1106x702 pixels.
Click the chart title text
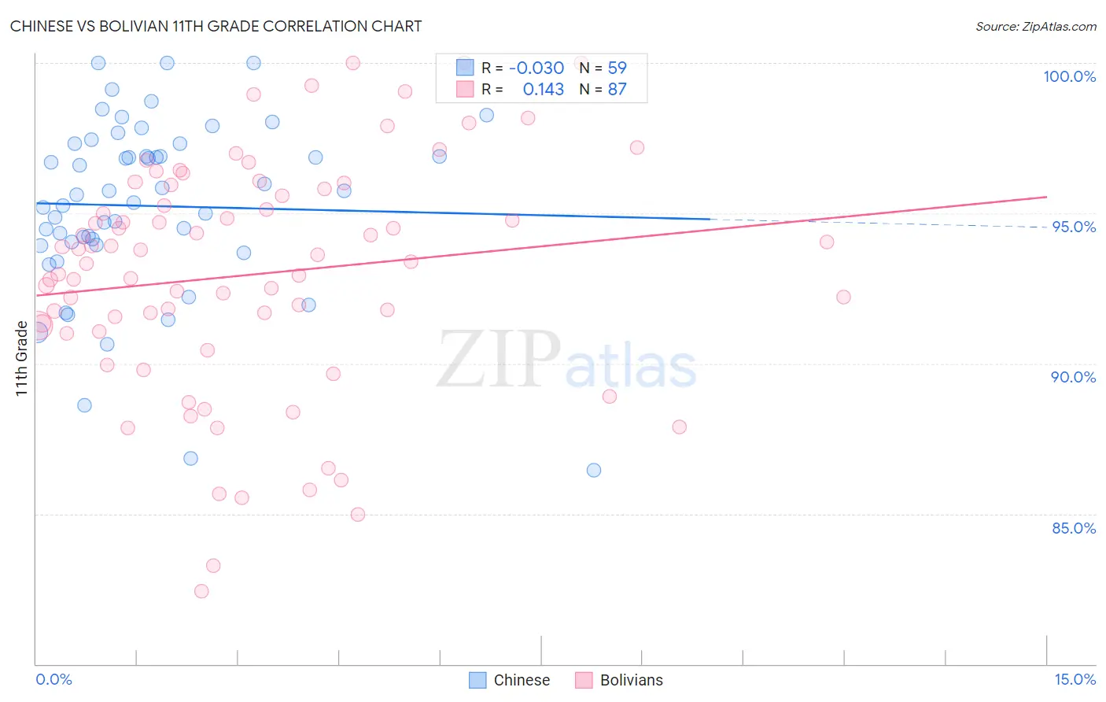[x=216, y=26]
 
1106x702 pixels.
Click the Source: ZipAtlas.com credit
[x=1035, y=26]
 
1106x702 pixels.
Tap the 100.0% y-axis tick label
[x=1069, y=76]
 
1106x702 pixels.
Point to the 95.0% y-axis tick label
[x=1074, y=227]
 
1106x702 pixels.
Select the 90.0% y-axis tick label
[x=1073, y=377]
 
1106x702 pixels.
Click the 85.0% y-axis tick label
[x=1073, y=528]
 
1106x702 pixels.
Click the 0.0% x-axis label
[x=53, y=679]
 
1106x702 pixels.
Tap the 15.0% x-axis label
[x=1075, y=679]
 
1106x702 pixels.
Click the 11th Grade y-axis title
[x=21, y=358]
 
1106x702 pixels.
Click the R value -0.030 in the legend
[x=536, y=68]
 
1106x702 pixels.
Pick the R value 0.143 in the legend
[x=543, y=90]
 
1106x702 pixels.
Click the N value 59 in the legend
[x=617, y=68]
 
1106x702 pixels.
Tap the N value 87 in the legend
[x=617, y=90]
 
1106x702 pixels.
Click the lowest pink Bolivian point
[x=201, y=591]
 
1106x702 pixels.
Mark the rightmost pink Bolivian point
[x=843, y=297]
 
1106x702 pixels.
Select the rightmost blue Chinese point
[x=594, y=470]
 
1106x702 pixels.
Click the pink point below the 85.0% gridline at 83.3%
[x=213, y=566]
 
